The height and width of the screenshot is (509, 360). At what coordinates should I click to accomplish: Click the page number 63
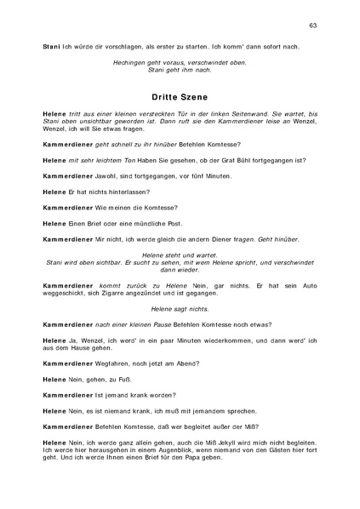tap(312, 26)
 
